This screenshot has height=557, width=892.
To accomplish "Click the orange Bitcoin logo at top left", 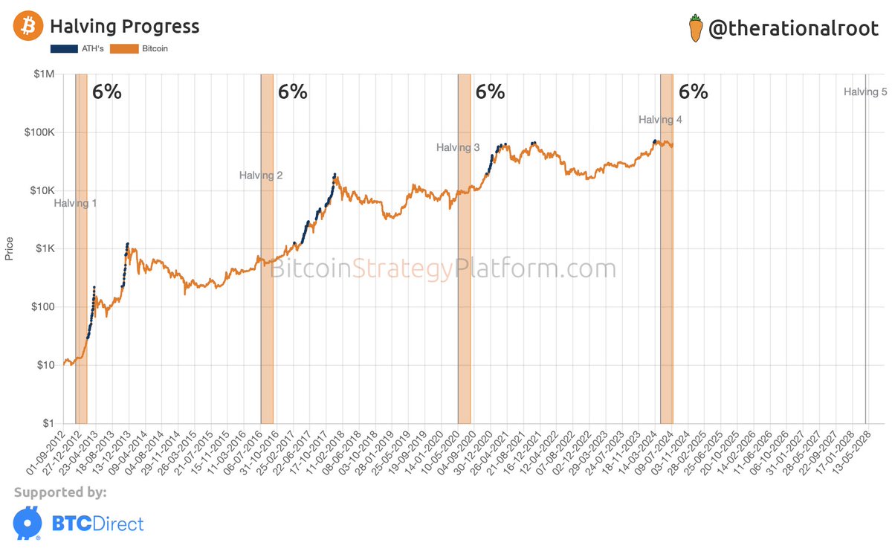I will (x=28, y=28).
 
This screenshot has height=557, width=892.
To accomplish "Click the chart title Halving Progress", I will (x=124, y=28).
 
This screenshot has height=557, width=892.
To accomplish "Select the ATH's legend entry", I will (x=77, y=49).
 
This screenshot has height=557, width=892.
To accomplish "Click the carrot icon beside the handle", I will (x=696, y=28).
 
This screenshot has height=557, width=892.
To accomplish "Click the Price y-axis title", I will (x=10, y=248).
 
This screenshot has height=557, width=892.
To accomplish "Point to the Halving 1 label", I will (x=75, y=203).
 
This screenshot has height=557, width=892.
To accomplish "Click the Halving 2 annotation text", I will (x=260, y=176).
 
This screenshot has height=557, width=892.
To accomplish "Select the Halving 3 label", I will (x=457, y=148).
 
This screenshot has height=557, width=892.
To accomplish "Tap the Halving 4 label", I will (x=660, y=120).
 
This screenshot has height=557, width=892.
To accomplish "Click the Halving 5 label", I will (x=865, y=92).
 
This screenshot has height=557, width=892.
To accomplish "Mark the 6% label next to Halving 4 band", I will (x=693, y=92).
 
